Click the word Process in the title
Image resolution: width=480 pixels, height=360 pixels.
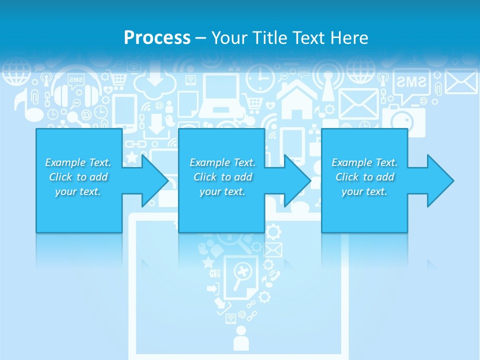point(157,37)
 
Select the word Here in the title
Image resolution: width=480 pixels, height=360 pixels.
point(348,37)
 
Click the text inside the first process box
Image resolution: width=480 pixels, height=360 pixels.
point(78,177)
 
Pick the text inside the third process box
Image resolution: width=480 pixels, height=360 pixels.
point(364,177)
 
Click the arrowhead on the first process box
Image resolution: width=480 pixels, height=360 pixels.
point(154,180)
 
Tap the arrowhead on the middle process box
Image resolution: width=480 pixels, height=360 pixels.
point(297,180)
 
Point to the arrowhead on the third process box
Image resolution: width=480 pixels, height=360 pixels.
point(440,180)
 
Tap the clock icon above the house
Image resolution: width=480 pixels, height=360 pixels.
point(260,74)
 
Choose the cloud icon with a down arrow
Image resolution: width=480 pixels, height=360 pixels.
point(155,82)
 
